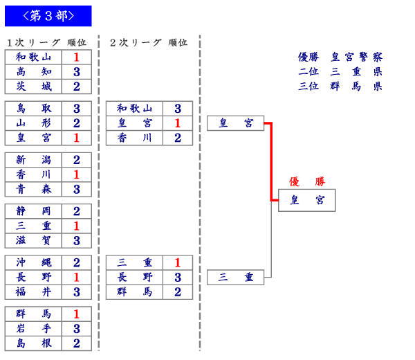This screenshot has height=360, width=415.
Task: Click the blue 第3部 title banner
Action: point(48,15)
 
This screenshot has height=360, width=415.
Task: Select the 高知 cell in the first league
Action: point(33,72)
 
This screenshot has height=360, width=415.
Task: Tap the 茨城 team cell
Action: point(33,87)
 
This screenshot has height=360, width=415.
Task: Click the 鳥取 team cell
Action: point(33,109)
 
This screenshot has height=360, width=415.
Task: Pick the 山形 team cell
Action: point(33,123)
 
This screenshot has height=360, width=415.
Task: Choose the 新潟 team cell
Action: point(33,160)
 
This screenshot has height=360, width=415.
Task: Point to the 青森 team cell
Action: point(33,189)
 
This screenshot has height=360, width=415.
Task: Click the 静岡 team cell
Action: point(33,211)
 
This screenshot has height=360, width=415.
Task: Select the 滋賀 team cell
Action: point(33,240)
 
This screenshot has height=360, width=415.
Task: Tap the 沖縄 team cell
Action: point(33,262)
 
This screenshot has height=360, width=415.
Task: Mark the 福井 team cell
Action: point(33,291)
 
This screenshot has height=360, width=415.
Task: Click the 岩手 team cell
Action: point(33,329)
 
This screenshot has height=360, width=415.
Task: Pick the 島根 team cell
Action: point(33,343)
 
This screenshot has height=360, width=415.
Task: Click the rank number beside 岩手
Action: point(77,329)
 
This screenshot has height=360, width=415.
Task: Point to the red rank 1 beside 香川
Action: point(77,174)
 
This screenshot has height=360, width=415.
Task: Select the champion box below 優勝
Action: point(306,200)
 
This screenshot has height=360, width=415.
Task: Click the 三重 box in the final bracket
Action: point(235,277)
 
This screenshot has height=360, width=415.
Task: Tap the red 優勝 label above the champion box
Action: point(306,181)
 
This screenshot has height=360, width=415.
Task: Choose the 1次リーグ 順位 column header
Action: point(46,42)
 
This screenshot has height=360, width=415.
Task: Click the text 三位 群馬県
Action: point(340,87)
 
